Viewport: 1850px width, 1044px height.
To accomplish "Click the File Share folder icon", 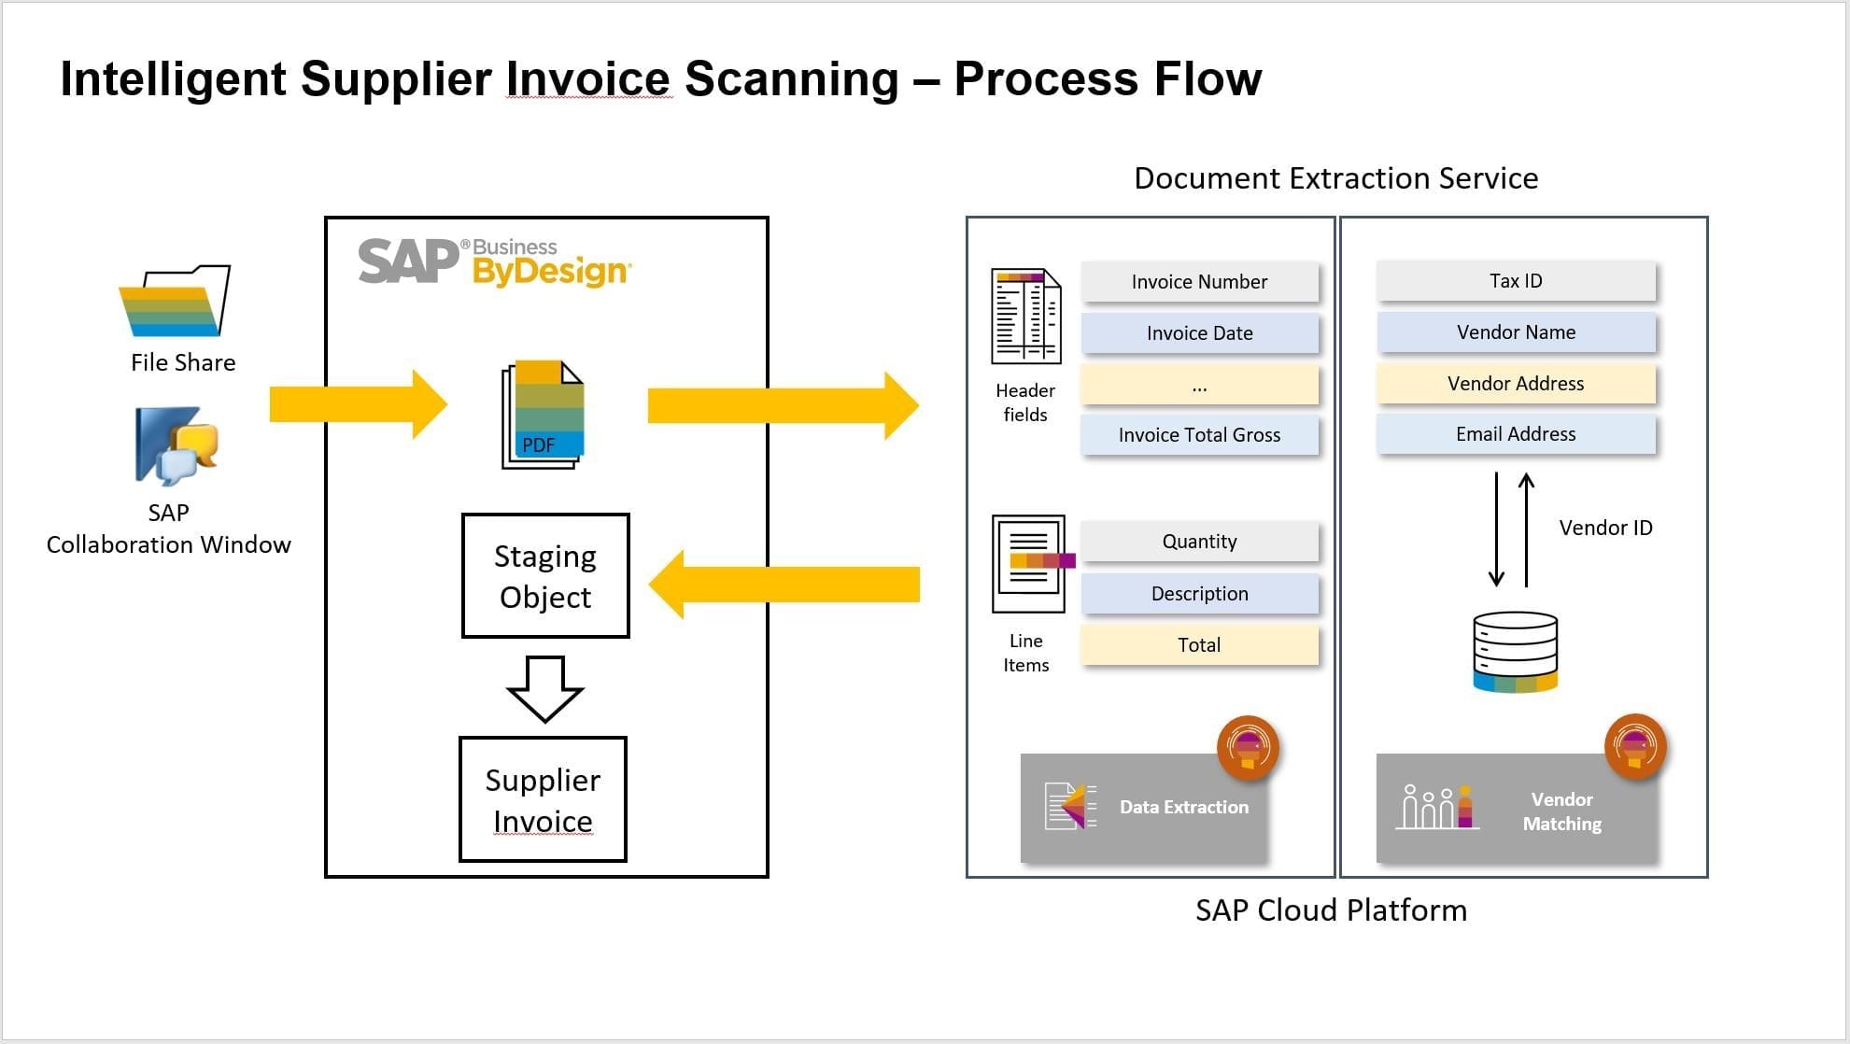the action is pyautogui.click(x=175, y=301).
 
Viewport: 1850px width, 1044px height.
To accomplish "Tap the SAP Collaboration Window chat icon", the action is pyautogui.click(x=177, y=445).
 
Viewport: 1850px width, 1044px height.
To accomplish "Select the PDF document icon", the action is pyautogui.click(x=543, y=414).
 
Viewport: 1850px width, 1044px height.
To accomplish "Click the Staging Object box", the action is pyautogui.click(x=545, y=576).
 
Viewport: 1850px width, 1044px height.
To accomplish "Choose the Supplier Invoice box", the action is pyautogui.click(x=543, y=799).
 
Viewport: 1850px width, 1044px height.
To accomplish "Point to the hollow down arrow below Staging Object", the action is pyautogui.click(x=545, y=689).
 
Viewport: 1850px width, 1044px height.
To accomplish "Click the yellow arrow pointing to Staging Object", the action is pyautogui.click(x=784, y=585).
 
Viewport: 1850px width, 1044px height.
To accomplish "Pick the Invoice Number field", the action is pyautogui.click(x=1199, y=282).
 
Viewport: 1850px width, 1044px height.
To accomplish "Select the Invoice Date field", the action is pyautogui.click(x=1199, y=333).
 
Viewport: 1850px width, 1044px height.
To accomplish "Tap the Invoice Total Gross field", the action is pyautogui.click(x=1199, y=435).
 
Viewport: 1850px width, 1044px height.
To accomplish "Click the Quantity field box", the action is pyautogui.click(x=1199, y=542).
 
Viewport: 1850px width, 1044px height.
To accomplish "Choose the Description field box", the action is pyautogui.click(x=1199, y=594).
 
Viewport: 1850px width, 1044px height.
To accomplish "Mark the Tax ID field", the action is pyautogui.click(x=1516, y=281).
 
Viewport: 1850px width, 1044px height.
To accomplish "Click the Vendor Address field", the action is pyautogui.click(x=1516, y=384).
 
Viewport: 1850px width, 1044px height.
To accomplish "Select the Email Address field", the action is pyautogui.click(x=1516, y=434).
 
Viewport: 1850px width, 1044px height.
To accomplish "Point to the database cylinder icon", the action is pyautogui.click(x=1515, y=652).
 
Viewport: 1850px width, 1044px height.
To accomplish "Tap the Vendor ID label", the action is pyautogui.click(x=1605, y=528).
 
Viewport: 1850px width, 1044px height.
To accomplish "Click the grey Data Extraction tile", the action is pyautogui.click(x=1143, y=807).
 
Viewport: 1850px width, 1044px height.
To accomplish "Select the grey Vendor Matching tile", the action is pyautogui.click(x=1516, y=809).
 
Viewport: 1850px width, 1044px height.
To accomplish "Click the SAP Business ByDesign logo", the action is pyautogui.click(x=495, y=261).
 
